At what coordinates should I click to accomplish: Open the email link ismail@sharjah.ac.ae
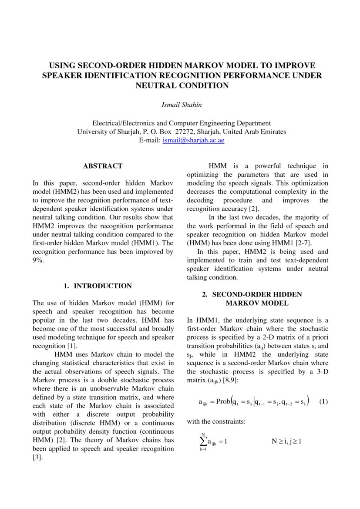tap(193, 140)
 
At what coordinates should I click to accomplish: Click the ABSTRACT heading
tap(103, 166)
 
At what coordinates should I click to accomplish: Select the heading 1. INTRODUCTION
tap(98, 286)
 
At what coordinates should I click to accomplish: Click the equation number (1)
tap(323, 401)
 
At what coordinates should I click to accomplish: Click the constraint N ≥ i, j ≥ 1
tap(287, 441)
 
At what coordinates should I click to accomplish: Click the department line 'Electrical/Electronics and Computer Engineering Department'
tap(182, 123)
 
